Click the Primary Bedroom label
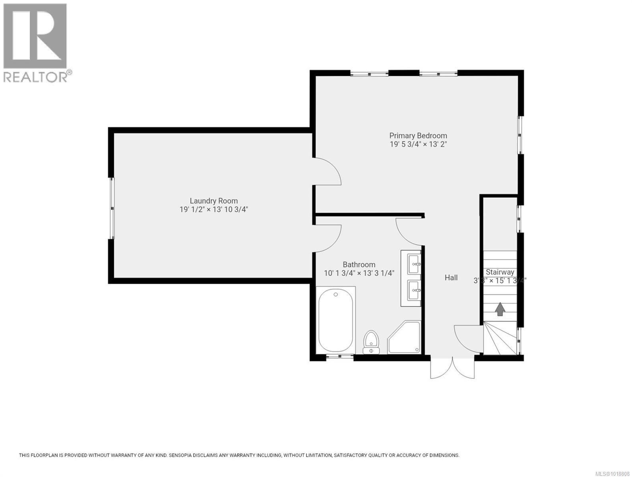(418, 136)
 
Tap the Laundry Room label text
(213, 201)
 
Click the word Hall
(451, 278)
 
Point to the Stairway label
(500, 272)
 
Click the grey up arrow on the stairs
(500, 309)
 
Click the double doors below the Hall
(452, 368)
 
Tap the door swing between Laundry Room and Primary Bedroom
(327, 171)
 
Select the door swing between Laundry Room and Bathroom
(327, 238)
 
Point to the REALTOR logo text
(36, 77)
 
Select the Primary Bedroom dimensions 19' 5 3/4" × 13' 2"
(418, 144)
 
